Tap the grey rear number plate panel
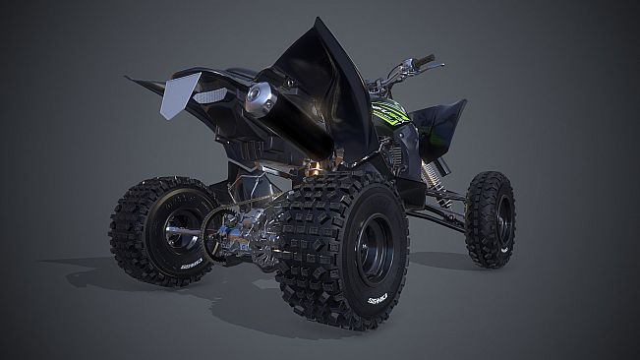[x=177, y=94]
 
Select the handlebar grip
[x=425, y=61]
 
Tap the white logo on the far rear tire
[x=191, y=264]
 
